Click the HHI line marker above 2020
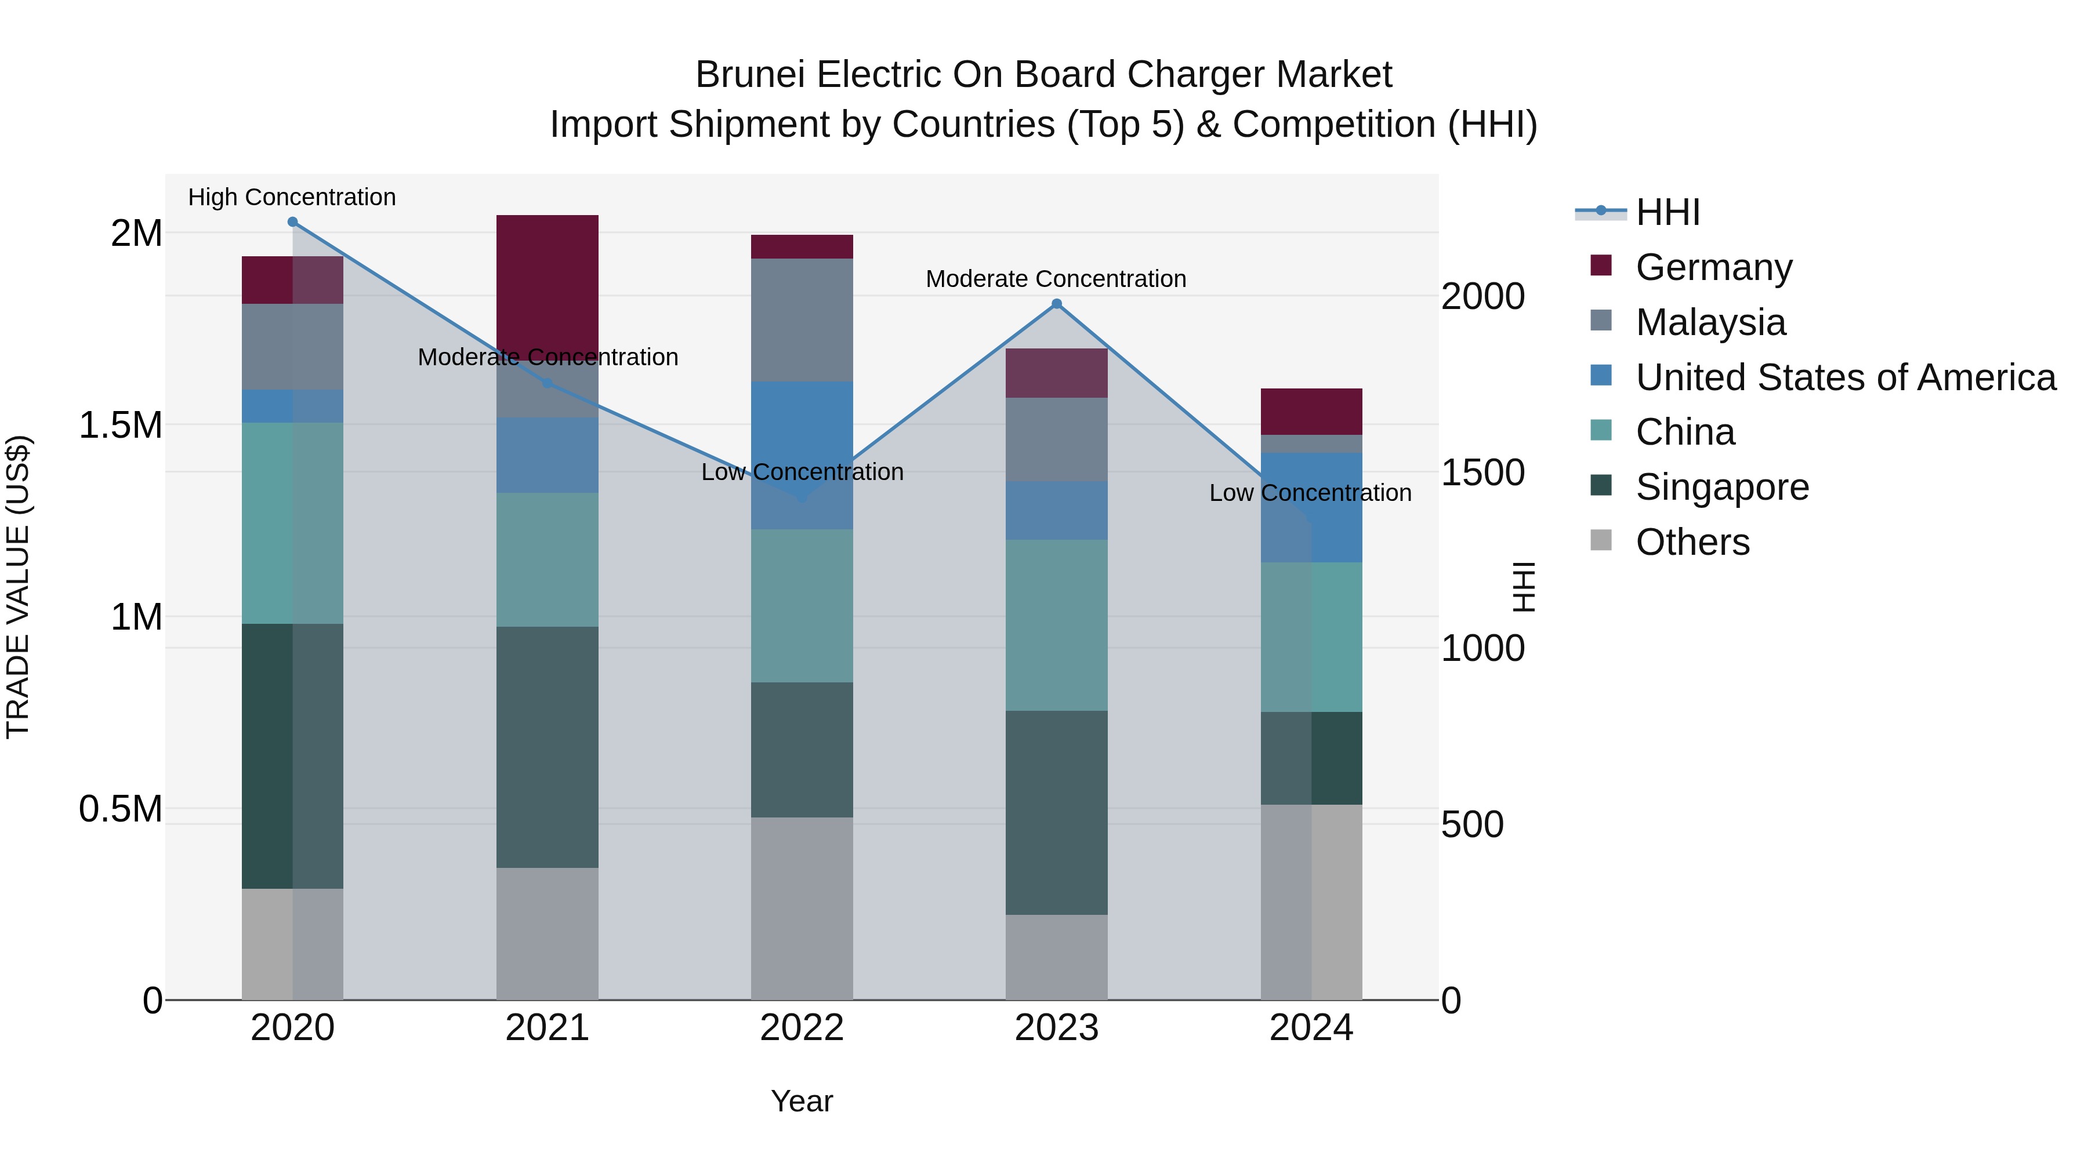click(x=293, y=222)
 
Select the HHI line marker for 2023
click(x=1056, y=304)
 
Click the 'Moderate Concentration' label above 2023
click(x=1056, y=279)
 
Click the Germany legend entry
click(x=1713, y=267)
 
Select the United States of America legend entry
click(x=1845, y=377)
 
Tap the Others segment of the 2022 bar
click(x=802, y=907)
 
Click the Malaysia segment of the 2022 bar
click(x=802, y=320)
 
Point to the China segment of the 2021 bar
click(x=547, y=559)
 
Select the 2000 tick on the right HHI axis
click(x=1482, y=296)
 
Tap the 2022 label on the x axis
click(x=802, y=1028)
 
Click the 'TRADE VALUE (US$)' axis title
click(x=18, y=587)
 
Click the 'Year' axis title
click(x=802, y=1101)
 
